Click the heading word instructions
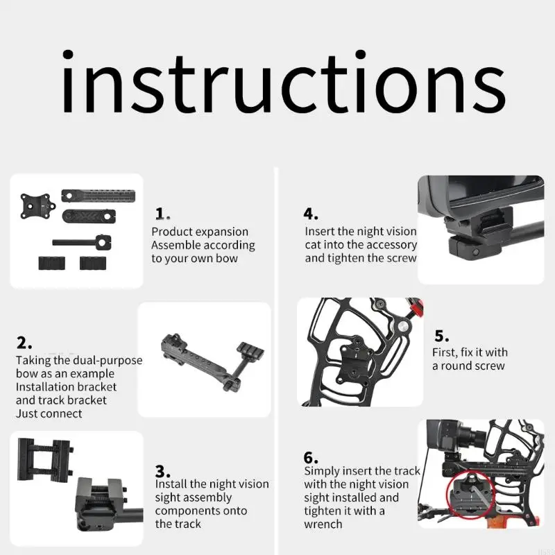(x=284, y=82)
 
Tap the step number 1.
(x=162, y=214)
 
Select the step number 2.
(x=24, y=343)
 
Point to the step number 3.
(x=163, y=471)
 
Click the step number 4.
(x=311, y=214)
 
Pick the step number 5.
(x=442, y=336)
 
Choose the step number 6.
(x=311, y=458)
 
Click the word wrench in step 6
(x=323, y=524)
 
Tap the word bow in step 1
(x=227, y=258)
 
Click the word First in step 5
(x=445, y=352)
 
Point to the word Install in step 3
(x=171, y=484)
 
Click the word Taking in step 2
(x=33, y=361)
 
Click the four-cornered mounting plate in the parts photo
(x=38, y=206)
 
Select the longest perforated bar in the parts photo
(x=98, y=196)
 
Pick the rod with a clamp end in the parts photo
(x=82, y=243)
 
